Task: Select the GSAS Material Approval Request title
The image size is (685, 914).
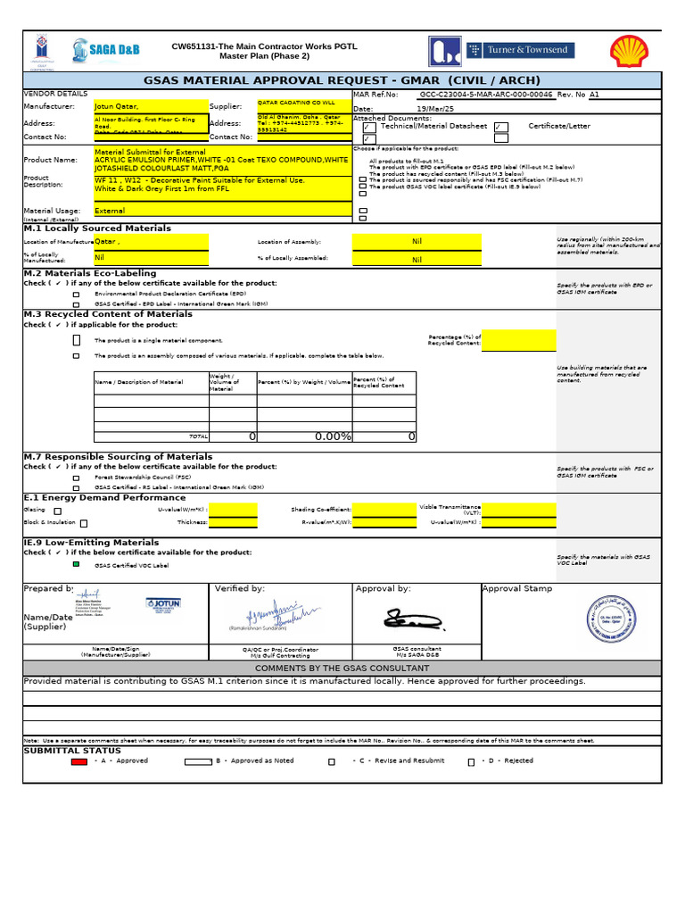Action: click(x=342, y=80)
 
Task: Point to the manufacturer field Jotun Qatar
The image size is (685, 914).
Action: click(x=150, y=105)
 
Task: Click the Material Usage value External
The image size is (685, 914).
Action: click(x=150, y=212)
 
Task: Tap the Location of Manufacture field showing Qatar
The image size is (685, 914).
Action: click(x=150, y=242)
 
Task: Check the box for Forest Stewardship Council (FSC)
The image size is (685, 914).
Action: click(x=76, y=478)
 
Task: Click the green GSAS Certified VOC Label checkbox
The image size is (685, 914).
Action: click(x=76, y=565)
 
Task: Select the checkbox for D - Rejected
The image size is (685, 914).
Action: click(x=471, y=762)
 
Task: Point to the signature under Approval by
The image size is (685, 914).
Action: click(x=407, y=618)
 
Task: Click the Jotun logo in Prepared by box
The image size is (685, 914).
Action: click(x=162, y=604)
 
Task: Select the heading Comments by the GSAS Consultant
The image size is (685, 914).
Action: click(x=342, y=669)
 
